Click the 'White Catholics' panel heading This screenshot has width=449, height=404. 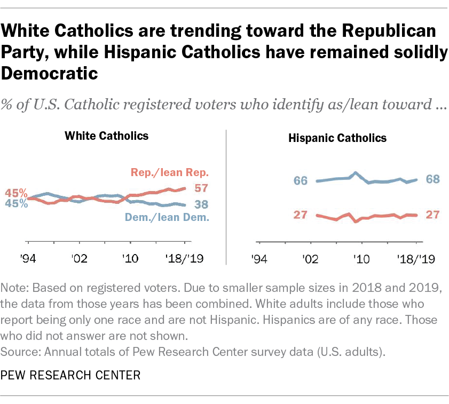[x=106, y=136]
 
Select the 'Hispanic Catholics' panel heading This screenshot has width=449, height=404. [x=337, y=138]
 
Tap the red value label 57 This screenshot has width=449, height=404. [x=201, y=188]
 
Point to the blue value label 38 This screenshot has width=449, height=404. [x=201, y=204]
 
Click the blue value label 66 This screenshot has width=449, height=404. [x=301, y=180]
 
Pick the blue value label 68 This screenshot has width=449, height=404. [x=432, y=179]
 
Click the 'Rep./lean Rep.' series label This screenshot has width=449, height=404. [x=169, y=172]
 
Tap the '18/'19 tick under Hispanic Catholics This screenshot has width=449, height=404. [x=416, y=259]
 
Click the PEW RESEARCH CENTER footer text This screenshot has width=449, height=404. [x=71, y=375]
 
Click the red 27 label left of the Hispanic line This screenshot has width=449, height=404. [x=301, y=215]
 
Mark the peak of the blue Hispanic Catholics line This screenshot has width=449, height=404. [x=356, y=172]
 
